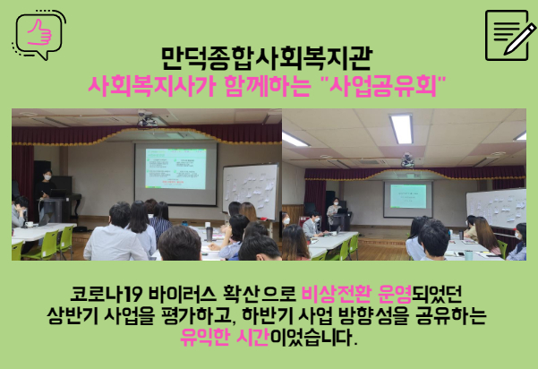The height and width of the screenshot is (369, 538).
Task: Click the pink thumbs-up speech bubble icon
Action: click(x=39, y=35)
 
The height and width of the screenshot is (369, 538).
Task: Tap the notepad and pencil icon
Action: click(x=510, y=35)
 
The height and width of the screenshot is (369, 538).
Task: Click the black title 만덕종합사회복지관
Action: click(x=267, y=58)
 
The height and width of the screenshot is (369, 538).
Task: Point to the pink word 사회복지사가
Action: click(x=151, y=86)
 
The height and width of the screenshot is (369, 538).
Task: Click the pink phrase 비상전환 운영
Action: click(x=356, y=294)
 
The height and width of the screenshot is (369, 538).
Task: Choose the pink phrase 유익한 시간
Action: click(x=225, y=337)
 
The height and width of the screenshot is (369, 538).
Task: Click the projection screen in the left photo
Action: click(x=175, y=174)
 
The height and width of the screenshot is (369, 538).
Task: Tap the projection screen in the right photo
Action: click(x=408, y=199)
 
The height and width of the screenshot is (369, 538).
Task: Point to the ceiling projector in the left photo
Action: click(x=148, y=119)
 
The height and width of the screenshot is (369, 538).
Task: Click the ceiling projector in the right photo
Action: click(x=407, y=160)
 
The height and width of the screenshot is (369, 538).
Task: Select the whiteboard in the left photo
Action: click(x=250, y=192)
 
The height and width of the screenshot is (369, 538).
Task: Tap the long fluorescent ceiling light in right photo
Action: click(x=401, y=129)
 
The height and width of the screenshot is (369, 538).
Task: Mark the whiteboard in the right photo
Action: click(x=496, y=208)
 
